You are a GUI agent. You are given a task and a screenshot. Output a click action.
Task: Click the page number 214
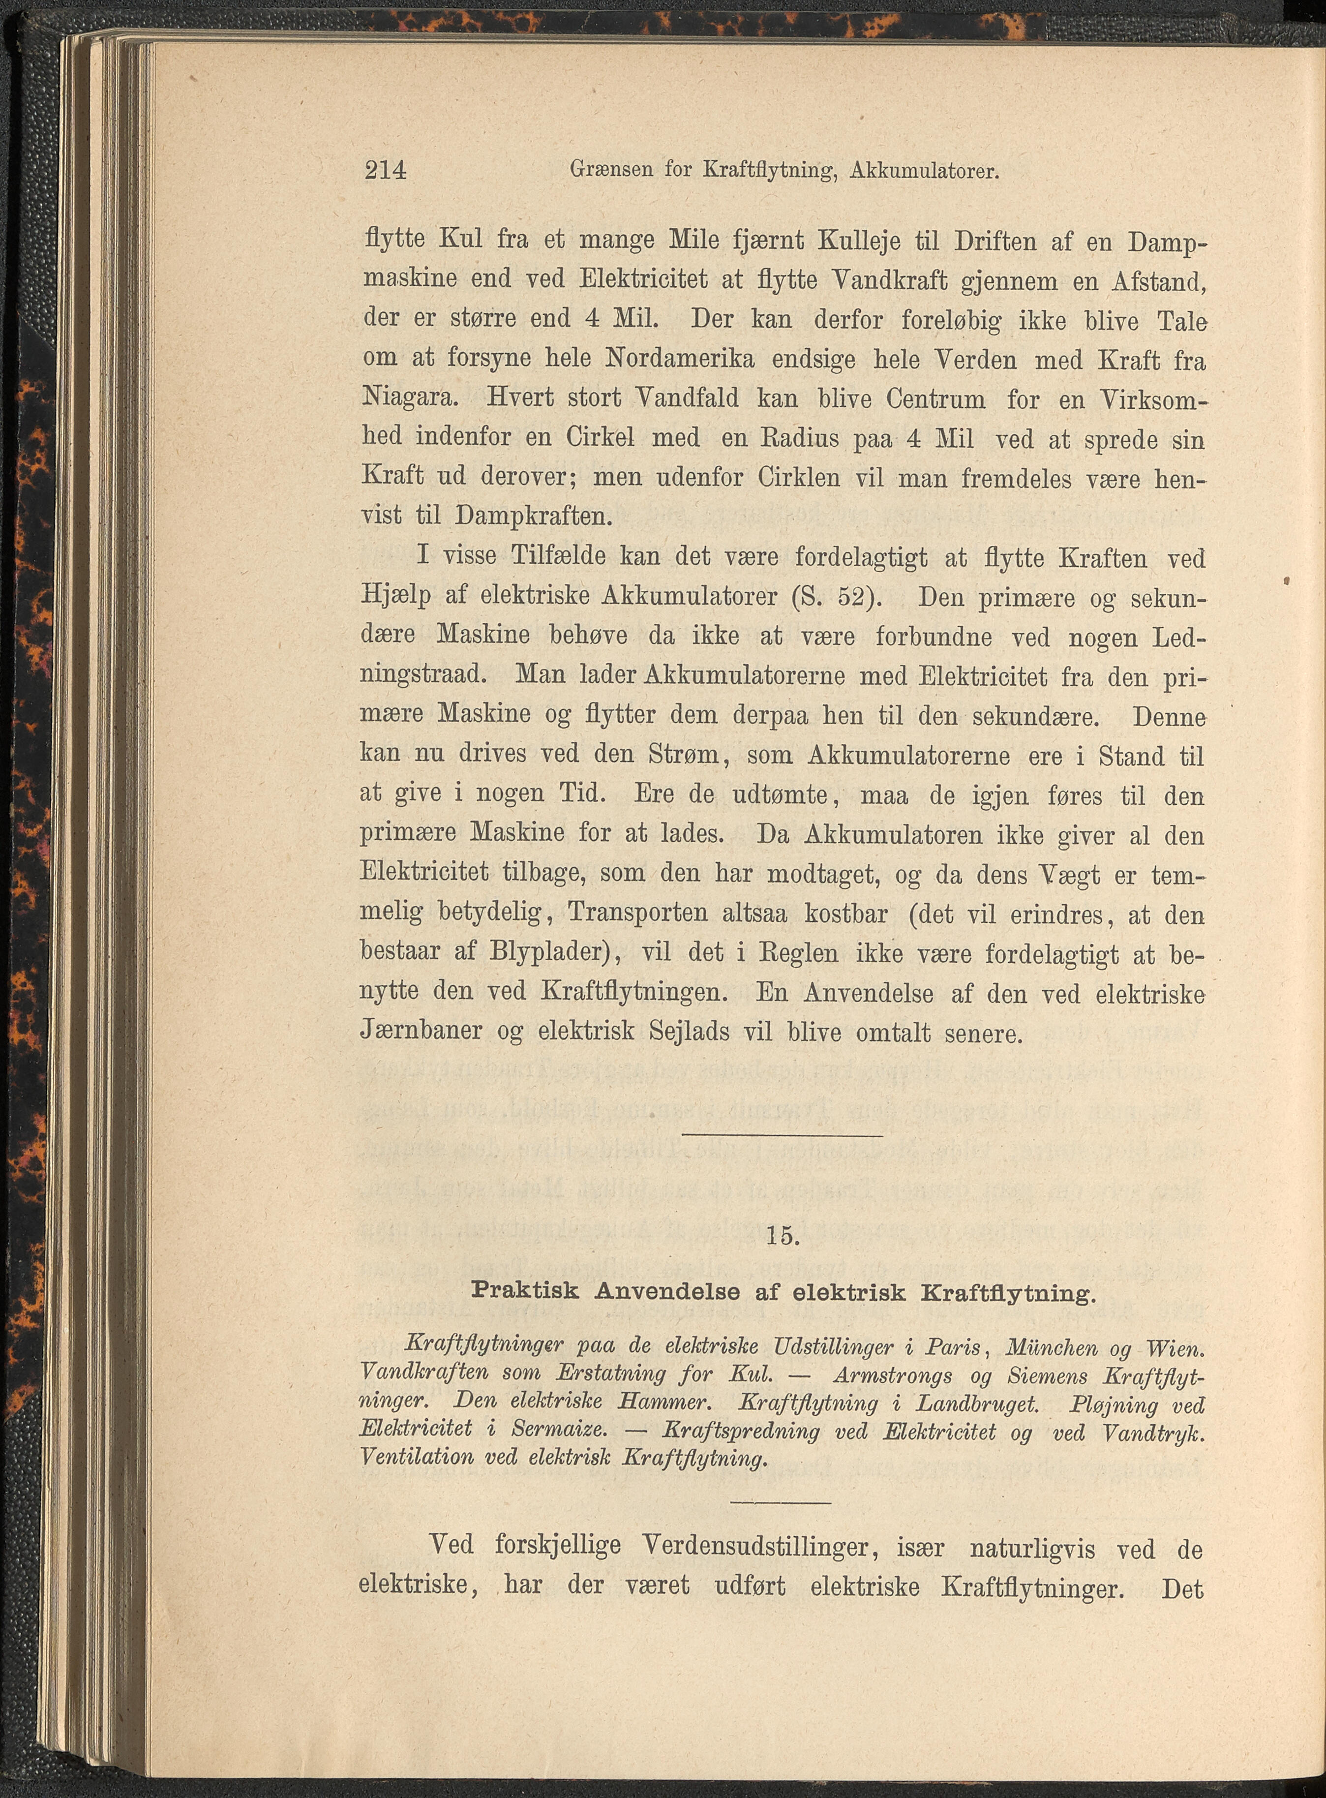click(385, 171)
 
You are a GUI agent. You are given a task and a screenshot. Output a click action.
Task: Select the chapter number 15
click(783, 1236)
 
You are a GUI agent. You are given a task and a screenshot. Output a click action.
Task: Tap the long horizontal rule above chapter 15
click(783, 1135)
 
